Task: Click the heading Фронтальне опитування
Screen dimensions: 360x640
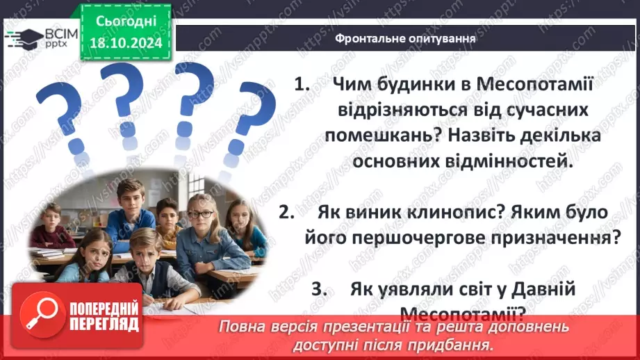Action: (405, 39)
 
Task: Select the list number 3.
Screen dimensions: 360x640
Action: (319, 291)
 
